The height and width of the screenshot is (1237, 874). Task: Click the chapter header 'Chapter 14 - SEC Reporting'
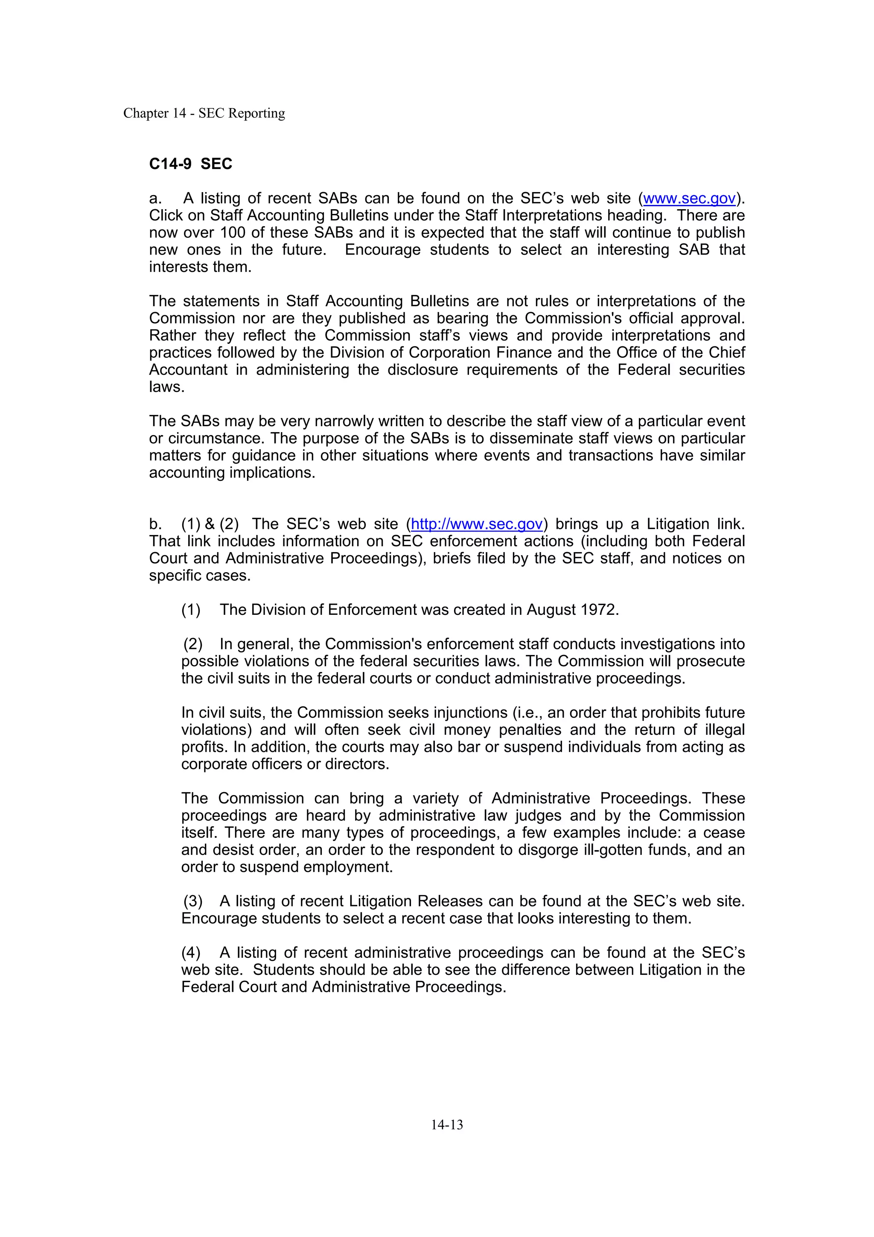[x=204, y=113]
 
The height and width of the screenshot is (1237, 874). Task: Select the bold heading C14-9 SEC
[x=191, y=164]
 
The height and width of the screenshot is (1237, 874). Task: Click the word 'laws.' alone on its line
[x=167, y=387]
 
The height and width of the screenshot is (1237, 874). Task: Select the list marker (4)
[x=191, y=953]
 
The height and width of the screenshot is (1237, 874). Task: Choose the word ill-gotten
[x=625, y=850]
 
